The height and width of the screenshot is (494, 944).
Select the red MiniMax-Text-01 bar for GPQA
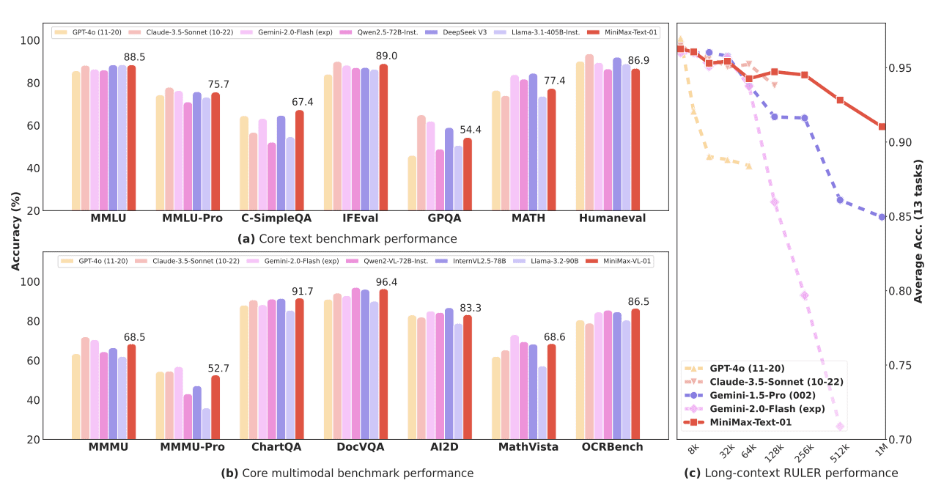pos(467,174)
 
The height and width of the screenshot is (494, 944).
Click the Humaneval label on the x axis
pos(612,218)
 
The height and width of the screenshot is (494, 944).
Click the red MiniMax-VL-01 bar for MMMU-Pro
pos(215,408)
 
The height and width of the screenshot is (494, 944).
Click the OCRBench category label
pos(612,446)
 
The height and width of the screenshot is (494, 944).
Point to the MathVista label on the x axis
pos(528,446)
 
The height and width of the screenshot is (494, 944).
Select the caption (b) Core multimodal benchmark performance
pos(347,473)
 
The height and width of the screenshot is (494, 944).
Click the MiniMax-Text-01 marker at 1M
pos(882,127)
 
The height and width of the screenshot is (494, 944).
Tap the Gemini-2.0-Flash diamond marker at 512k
pos(840,427)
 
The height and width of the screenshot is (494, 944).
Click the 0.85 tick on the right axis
pos(901,217)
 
